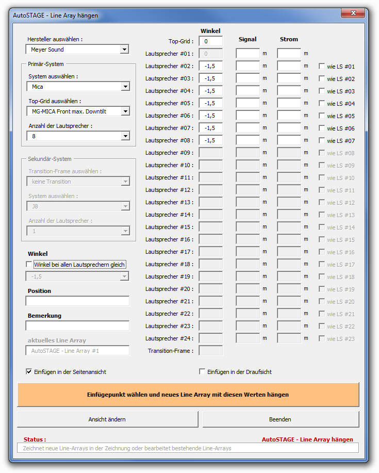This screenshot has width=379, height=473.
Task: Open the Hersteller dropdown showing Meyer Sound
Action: (x=124, y=50)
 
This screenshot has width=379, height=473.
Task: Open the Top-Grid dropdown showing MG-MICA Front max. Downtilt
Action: (x=124, y=111)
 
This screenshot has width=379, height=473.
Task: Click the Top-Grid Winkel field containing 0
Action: (x=210, y=41)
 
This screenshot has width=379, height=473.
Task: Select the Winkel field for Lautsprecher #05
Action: (x=210, y=103)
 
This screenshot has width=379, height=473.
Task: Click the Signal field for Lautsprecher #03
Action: (x=248, y=78)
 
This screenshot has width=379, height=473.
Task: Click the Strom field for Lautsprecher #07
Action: (x=289, y=128)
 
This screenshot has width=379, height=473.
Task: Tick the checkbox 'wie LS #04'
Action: (x=322, y=104)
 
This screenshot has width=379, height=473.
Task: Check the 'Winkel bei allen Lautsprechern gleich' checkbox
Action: (x=29, y=265)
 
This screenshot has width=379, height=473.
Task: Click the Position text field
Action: (x=77, y=301)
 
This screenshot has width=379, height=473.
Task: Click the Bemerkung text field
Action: (x=77, y=326)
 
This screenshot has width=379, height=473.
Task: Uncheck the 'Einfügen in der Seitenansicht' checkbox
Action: (x=29, y=371)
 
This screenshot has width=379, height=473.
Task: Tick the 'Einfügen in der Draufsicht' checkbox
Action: (x=202, y=371)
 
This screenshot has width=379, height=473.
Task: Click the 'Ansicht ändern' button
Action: (x=107, y=419)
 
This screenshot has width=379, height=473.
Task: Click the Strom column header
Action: (x=289, y=39)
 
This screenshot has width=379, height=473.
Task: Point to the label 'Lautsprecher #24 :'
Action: (x=169, y=338)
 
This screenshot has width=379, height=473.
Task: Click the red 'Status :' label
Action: (x=35, y=439)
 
